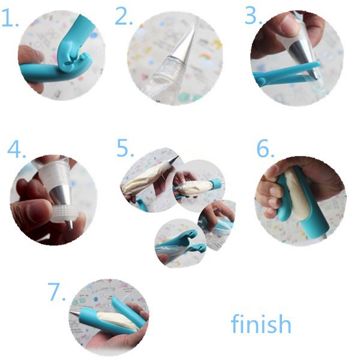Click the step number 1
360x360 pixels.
pyautogui.click(x=10, y=18)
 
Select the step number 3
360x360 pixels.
pyautogui.click(x=254, y=15)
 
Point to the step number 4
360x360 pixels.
pyautogui.click(x=17, y=149)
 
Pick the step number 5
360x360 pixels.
pyautogui.click(x=125, y=148)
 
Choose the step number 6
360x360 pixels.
pyautogui.click(x=265, y=148)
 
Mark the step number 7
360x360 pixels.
pyautogui.click(x=56, y=292)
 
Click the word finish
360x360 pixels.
pyautogui.click(x=261, y=323)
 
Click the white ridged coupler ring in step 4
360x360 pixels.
pyautogui.click(x=62, y=214)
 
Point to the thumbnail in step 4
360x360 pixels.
pyautogui.click(x=37, y=210)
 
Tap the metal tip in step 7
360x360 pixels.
pyautogui.click(x=74, y=313)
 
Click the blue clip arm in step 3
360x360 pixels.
pyautogui.click(x=287, y=73)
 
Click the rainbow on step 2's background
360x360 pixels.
pyautogui.click(x=206, y=56)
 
